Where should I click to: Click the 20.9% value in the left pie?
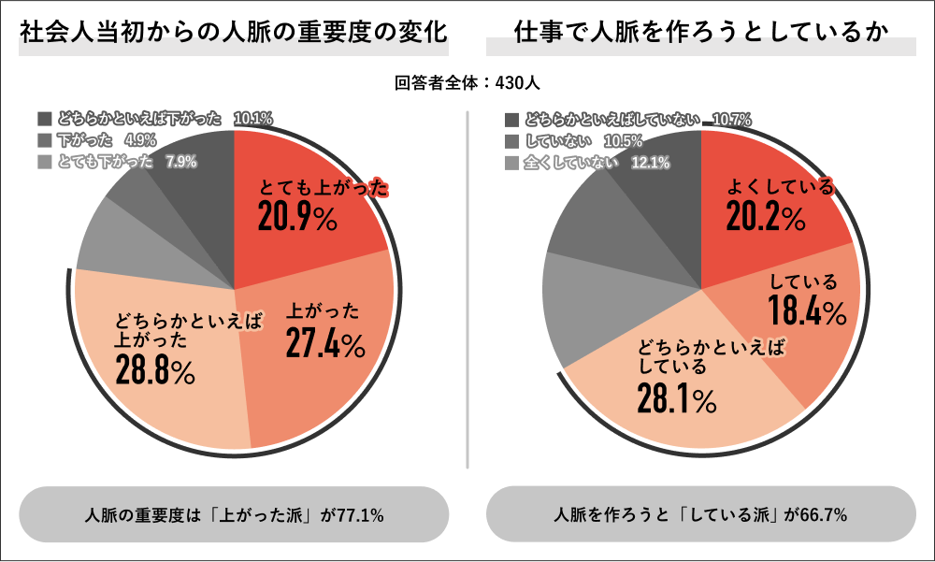click(296, 218)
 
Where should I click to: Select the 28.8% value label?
click(155, 371)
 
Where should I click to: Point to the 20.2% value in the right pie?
click(766, 218)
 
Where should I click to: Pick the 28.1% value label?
click(677, 400)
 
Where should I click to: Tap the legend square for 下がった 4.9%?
click(45, 140)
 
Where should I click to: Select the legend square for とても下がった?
click(45, 162)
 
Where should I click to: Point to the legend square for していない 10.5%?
click(511, 141)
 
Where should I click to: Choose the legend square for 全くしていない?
click(511, 163)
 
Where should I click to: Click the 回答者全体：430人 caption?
click(467, 83)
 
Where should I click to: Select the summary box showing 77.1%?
click(234, 514)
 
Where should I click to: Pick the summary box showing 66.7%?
click(700, 514)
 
